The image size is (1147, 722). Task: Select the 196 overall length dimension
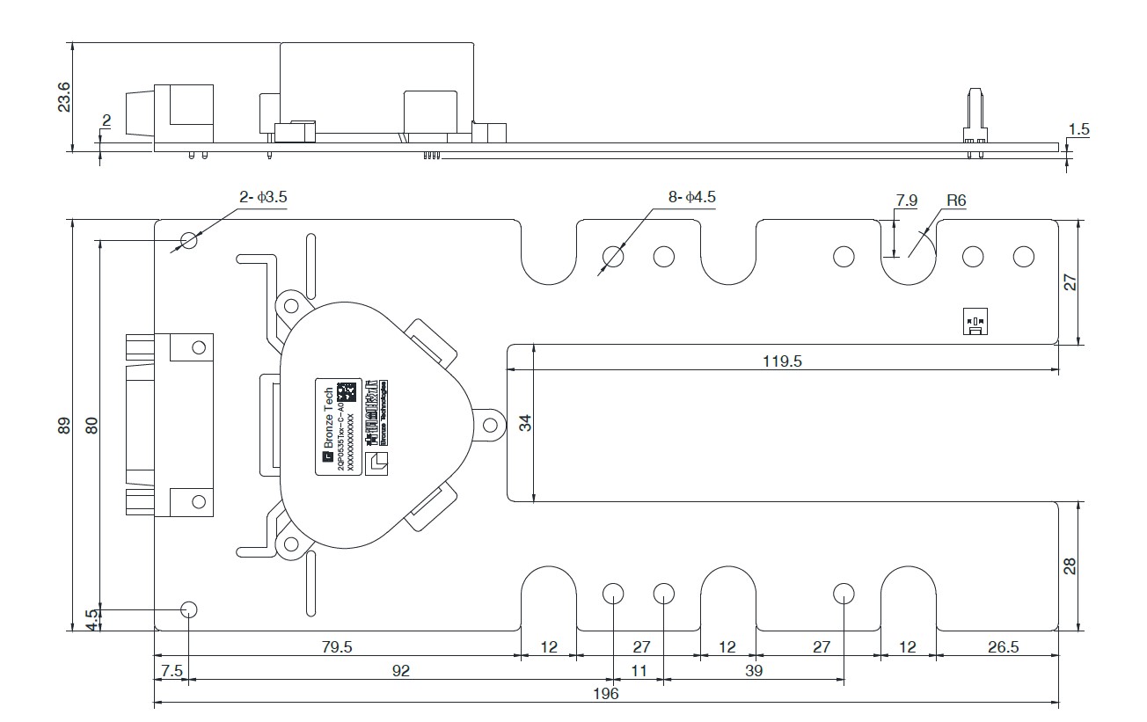point(606,694)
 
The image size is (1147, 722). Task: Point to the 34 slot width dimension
point(526,422)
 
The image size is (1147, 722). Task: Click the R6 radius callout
point(956,201)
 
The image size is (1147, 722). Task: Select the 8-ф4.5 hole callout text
point(692,198)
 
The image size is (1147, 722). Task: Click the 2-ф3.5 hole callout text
point(263,198)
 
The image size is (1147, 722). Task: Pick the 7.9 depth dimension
point(906,201)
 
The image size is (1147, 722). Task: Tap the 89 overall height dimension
point(64,425)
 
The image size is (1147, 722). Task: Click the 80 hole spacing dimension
point(91,425)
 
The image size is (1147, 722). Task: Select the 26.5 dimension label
point(1003,647)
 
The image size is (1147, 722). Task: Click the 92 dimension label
point(400,671)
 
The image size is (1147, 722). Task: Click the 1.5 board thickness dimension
point(1078,129)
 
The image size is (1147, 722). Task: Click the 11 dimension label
point(639,671)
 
